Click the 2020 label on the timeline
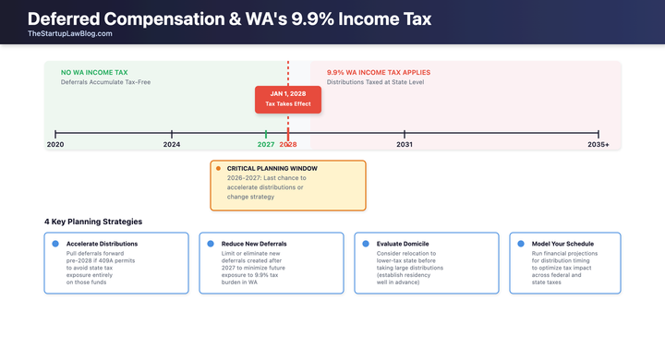tap(55, 145)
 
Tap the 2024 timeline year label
tap(172, 145)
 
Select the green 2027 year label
tap(266, 145)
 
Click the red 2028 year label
tap(288, 145)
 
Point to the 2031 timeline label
tap(405, 145)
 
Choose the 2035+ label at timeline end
tap(598, 145)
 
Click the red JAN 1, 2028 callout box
tap(288, 99)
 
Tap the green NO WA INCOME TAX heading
tap(93, 72)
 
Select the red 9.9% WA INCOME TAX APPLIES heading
tap(378, 72)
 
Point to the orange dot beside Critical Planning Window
tap(218, 169)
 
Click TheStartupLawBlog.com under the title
tap(70, 33)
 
